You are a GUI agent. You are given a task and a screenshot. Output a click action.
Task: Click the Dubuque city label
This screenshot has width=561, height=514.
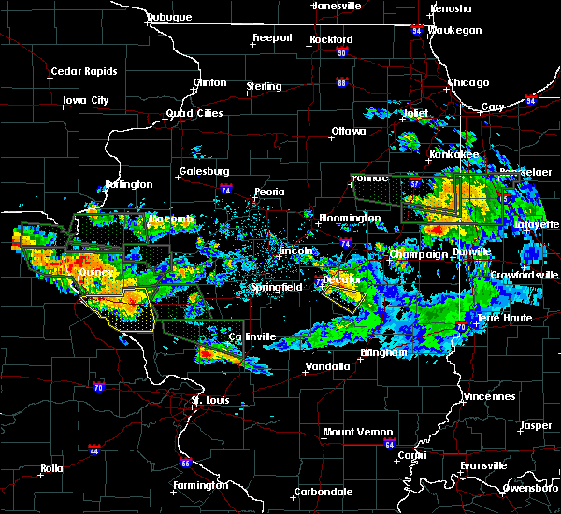[x=168, y=18]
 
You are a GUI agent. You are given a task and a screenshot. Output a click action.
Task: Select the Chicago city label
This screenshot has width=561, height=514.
[x=468, y=82]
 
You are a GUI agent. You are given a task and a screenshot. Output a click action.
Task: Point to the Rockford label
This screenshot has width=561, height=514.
[x=332, y=39]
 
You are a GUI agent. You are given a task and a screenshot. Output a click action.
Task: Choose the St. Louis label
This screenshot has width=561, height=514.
[x=209, y=401]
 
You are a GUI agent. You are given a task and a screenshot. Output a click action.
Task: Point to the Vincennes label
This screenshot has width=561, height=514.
[x=489, y=396]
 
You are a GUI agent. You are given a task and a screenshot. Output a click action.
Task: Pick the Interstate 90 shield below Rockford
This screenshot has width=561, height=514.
[x=341, y=52]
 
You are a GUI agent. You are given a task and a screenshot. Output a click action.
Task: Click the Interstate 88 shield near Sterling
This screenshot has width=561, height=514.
[x=342, y=83]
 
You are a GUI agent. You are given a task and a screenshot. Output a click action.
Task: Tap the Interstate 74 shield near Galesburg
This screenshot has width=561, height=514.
[x=227, y=189]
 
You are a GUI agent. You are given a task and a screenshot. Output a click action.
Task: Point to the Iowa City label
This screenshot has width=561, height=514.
[x=86, y=100]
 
